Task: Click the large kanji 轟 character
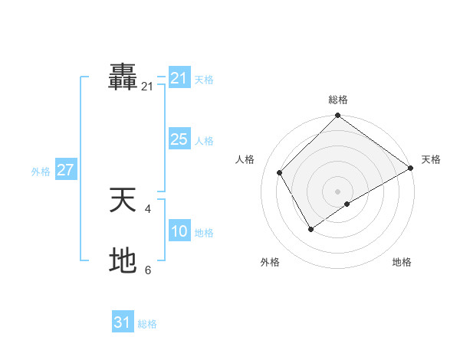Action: click(123, 78)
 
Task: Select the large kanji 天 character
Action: click(123, 201)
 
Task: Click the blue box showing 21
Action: click(179, 78)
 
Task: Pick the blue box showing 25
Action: click(179, 139)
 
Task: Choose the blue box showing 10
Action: click(179, 231)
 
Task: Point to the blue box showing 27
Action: click(65, 170)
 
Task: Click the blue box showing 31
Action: click(123, 322)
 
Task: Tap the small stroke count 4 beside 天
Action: click(148, 208)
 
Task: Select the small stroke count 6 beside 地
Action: click(148, 270)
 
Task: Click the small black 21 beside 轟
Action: click(147, 87)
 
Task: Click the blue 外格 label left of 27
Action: click(41, 172)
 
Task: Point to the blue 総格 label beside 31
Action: click(147, 324)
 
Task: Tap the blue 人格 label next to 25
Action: click(204, 141)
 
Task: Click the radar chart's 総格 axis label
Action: click(337, 100)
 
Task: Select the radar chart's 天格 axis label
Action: click(431, 159)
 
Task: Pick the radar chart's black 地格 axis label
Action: click(402, 262)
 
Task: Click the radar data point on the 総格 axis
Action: click(337, 116)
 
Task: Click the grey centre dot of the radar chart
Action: click(337, 191)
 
